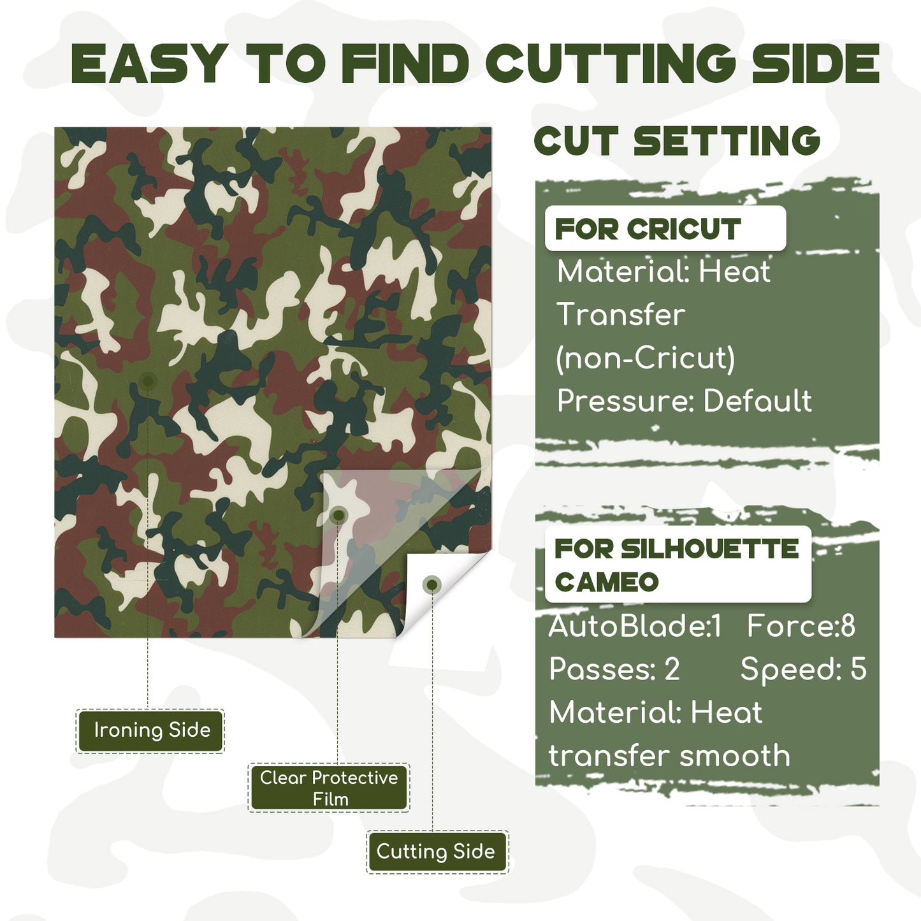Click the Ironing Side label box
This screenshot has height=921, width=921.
tap(150, 730)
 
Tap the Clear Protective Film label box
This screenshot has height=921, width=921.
tap(328, 788)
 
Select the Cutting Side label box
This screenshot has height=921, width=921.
tap(437, 852)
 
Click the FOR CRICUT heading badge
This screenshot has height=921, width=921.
tap(665, 229)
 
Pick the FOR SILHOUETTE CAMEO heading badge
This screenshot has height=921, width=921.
tap(677, 564)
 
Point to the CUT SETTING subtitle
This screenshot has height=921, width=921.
tap(677, 141)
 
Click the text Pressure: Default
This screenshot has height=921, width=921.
tap(684, 401)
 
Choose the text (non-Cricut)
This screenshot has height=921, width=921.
tap(645, 358)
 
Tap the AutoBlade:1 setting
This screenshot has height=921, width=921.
tap(635, 626)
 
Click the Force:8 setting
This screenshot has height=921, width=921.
tap(801, 626)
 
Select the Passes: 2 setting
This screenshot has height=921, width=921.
tap(614, 669)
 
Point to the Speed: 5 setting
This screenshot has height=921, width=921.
tap(803, 669)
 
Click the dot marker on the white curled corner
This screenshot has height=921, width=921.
tap(432, 585)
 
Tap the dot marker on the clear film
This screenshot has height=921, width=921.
tap(339, 515)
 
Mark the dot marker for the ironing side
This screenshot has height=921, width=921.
tap(148, 381)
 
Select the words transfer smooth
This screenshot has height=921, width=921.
tap(669, 756)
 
